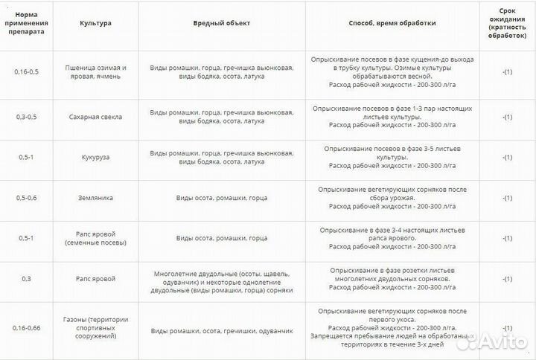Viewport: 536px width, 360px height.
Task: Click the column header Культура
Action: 95,23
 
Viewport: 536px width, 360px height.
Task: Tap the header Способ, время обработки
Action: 392,23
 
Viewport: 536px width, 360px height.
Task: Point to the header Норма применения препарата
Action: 27,23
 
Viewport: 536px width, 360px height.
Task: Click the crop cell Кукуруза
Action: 95,158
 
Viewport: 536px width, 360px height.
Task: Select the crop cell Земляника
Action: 95,198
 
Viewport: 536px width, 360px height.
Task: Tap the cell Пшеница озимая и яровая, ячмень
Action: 95,72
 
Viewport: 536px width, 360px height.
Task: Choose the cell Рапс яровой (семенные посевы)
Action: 95,238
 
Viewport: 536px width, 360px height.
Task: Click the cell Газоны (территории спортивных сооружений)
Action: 95,327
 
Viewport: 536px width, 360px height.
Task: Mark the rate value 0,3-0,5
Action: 27,117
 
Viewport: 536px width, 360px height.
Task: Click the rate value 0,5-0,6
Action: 27,198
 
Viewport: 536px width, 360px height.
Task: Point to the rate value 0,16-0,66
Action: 27,327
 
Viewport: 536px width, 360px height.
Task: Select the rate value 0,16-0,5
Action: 27,72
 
